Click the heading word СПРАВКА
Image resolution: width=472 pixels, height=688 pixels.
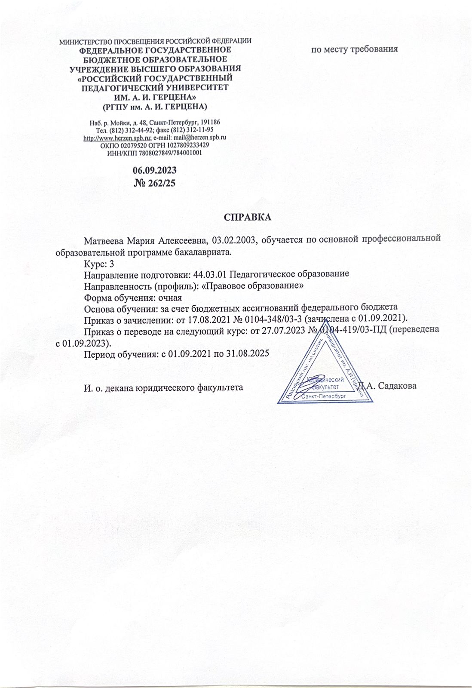click(x=248, y=217)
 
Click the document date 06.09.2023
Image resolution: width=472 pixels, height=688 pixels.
click(x=155, y=170)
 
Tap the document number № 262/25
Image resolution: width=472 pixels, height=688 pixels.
click(x=155, y=183)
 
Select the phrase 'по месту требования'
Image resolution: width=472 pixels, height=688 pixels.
click(x=355, y=49)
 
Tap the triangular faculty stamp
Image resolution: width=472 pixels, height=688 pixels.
click(x=325, y=374)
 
